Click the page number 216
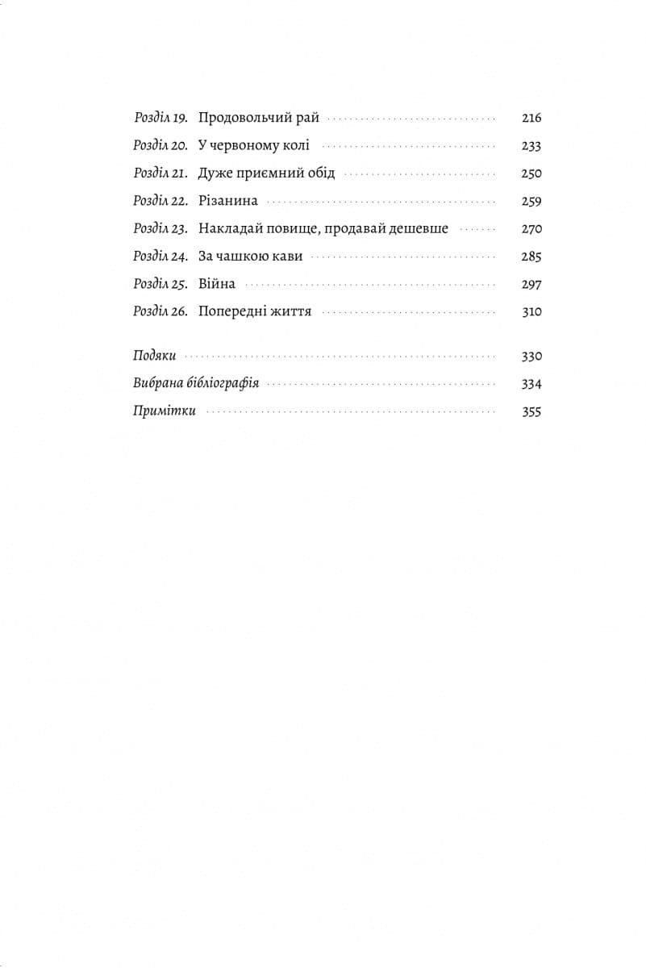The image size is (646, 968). (x=531, y=118)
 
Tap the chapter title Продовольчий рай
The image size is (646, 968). (x=259, y=118)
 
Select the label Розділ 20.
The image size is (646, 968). (x=160, y=146)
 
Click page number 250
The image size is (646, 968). (x=531, y=173)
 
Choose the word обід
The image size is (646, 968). (x=319, y=173)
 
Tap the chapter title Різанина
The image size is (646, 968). (x=228, y=202)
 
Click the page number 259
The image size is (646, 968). (x=531, y=202)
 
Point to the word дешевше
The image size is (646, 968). (x=418, y=229)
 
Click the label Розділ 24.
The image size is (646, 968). (x=160, y=257)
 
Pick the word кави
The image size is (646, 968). (x=289, y=257)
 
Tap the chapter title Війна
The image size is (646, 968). (x=217, y=284)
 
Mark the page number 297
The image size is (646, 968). (x=531, y=284)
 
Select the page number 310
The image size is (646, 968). (x=531, y=311)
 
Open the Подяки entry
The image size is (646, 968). (x=155, y=356)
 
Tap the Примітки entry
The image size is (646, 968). (x=165, y=411)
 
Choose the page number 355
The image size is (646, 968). (x=531, y=411)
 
